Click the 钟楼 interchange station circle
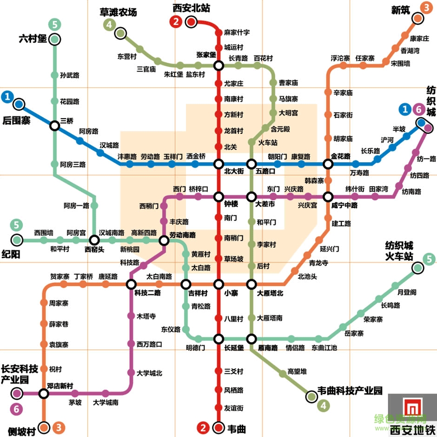click(x=219, y=197)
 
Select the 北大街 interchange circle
click(x=219, y=164)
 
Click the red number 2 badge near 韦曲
click(x=203, y=427)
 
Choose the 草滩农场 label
click(x=119, y=13)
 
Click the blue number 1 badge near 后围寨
click(x=7, y=97)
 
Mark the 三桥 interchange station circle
click(x=55, y=126)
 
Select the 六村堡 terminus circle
click(x=55, y=40)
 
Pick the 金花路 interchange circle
click(x=328, y=164)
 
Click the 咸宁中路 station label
click(x=344, y=205)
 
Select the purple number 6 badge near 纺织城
click(x=418, y=110)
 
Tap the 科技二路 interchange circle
click(x=132, y=284)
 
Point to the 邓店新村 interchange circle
click(x=44, y=394)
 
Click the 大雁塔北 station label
click(x=270, y=293)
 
